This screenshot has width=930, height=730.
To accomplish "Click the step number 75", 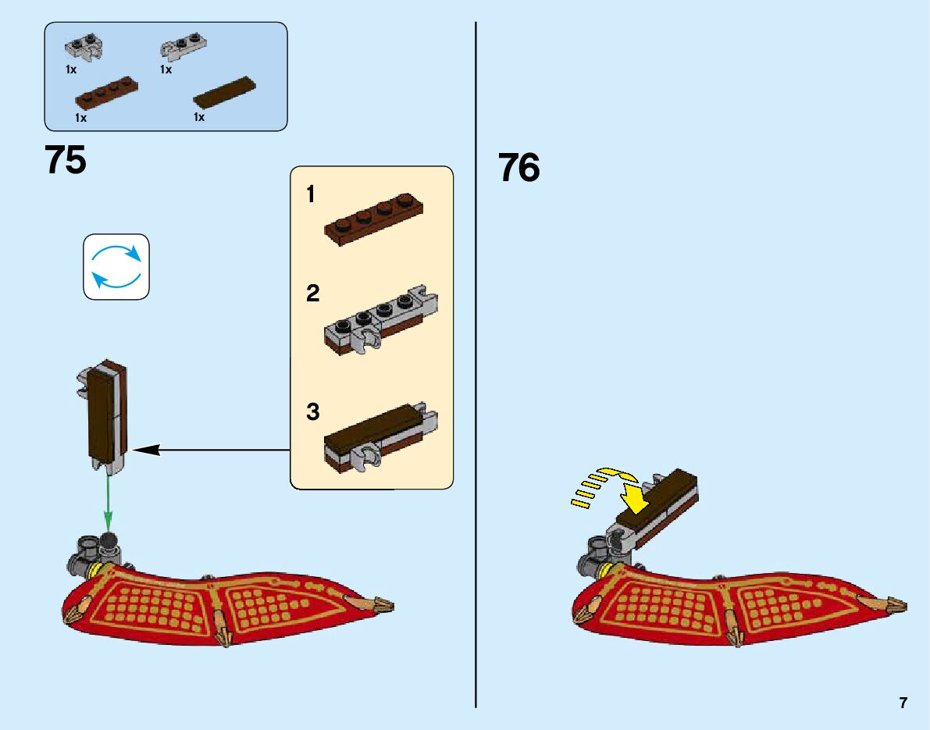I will [66, 160].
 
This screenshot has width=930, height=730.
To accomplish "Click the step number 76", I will [519, 168].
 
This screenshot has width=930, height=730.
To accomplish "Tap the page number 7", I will [903, 703].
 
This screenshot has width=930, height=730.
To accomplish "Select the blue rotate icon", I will [116, 266].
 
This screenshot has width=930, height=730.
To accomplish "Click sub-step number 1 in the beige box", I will [311, 194].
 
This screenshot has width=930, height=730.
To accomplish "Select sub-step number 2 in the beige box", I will [313, 294].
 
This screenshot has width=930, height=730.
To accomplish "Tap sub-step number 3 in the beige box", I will [313, 412].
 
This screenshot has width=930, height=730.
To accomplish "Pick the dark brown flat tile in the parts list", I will [225, 92].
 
